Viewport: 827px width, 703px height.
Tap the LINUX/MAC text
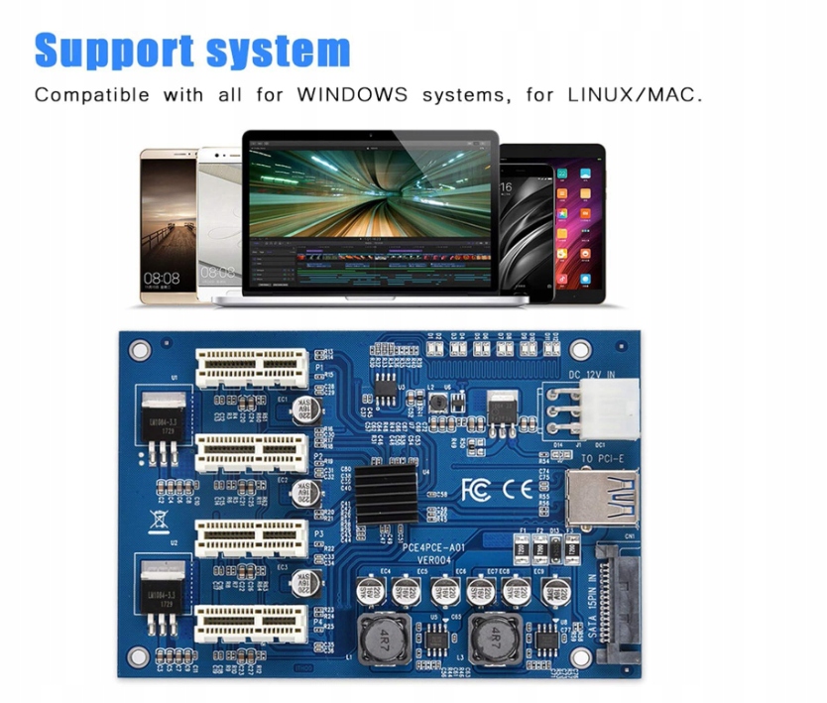[x=635, y=96]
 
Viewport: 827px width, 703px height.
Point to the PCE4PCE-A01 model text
[x=444, y=546]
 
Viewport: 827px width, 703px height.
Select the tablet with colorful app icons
[x=577, y=223]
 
